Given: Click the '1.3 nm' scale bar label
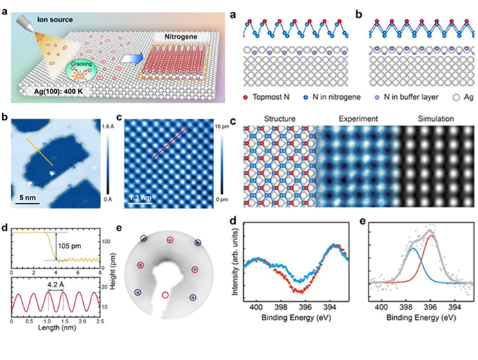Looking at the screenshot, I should coord(139,201).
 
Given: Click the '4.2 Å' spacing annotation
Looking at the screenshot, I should coord(57,282).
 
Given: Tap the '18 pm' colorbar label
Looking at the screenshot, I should coord(220,129).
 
